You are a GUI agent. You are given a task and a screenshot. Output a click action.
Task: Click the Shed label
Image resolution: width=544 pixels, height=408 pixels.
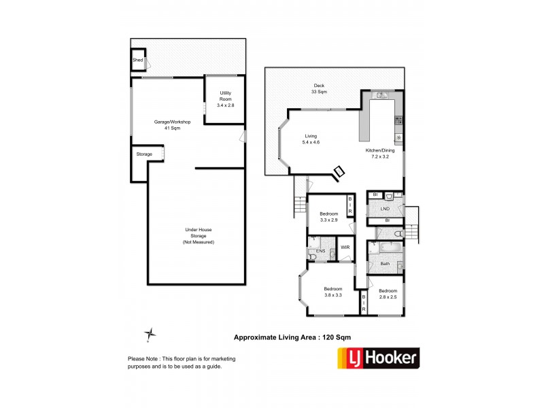pyautogui.click(x=137, y=60)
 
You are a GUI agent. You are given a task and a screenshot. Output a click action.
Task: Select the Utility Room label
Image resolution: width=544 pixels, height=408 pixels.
pyautogui.click(x=225, y=99)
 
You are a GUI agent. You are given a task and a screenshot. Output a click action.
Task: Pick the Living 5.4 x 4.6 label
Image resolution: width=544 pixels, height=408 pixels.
pyautogui.click(x=311, y=139)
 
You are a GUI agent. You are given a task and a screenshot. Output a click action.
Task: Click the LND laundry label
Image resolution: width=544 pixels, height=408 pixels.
pyautogui.click(x=385, y=209)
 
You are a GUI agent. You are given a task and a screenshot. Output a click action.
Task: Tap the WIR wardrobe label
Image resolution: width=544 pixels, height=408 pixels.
pyautogui.click(x=345, y=248)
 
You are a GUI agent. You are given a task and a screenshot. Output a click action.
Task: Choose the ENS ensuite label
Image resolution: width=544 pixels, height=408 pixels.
pyautogui.click(x=320, y=252)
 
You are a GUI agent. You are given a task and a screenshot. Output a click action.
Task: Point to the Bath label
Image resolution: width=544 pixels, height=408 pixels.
pyautogui.click(x=385, y=264)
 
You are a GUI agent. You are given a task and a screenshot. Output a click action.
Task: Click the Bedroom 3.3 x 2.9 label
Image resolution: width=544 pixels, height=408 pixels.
pyautogui.click(x=328, y=217)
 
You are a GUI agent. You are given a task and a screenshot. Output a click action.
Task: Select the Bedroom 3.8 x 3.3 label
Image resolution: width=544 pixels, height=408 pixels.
pyautogui.click(x=333, y=291)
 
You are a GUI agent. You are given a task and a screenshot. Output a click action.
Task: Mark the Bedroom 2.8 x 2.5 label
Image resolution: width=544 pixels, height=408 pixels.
pyautogui.click(x=388, y=294)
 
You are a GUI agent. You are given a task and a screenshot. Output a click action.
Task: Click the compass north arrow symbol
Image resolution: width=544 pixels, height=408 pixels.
pyautogui.click(x=151, y=333)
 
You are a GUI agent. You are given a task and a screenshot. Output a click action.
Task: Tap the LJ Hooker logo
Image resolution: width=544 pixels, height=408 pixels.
pyautogui.click(x=379, y=358)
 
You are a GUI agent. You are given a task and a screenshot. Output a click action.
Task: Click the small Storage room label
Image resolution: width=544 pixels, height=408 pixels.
pyautogui.click(x=144, y=154)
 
